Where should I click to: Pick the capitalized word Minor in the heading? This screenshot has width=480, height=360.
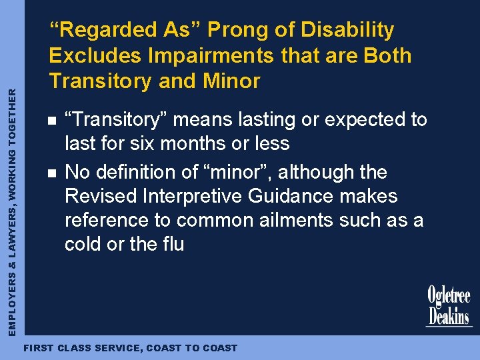coord(228,81)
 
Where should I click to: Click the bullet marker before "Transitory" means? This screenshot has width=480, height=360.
coord(52,121)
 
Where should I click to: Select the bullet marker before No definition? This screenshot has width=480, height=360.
coord(52,173)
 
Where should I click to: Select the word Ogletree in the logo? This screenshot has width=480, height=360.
coord(449,295)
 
